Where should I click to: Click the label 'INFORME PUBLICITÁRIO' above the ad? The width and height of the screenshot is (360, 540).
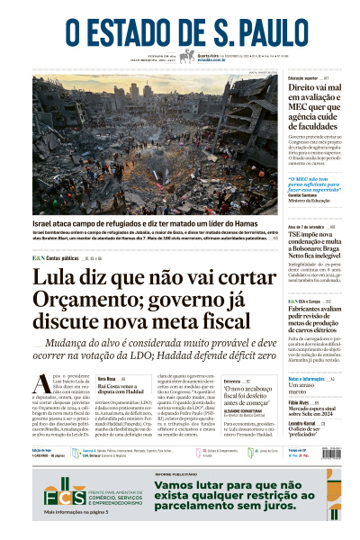(x=174, y=472)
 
